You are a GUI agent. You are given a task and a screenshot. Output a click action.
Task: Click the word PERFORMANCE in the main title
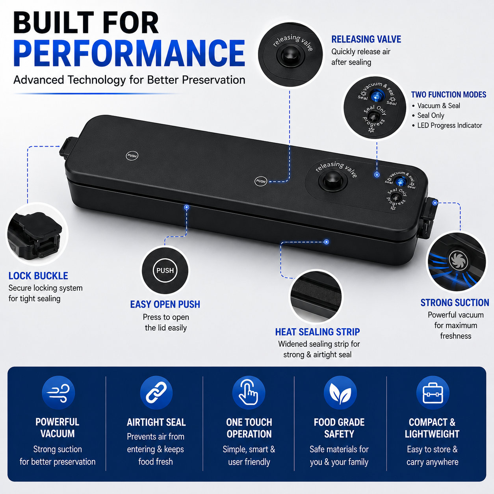[x=129, y=53]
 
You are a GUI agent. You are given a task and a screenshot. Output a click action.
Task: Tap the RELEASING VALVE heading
[x=366, y=39]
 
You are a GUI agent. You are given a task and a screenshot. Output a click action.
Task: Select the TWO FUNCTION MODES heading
[x=449, y=95]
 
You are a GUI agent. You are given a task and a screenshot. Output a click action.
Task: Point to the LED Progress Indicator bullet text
[x=449, y=125]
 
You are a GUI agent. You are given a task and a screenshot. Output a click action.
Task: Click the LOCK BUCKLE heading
[x=38, y=276]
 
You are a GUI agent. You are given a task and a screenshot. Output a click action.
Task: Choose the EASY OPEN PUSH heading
[x=165, y=304]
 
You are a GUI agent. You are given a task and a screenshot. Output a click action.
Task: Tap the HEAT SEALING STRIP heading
[x=318, y=332]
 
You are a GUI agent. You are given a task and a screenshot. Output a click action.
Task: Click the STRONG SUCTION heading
[x=455, y=303]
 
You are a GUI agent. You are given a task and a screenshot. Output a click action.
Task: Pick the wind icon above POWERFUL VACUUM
[x=58, y=392]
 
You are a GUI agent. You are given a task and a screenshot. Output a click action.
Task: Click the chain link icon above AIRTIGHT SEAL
[x=156, y=392]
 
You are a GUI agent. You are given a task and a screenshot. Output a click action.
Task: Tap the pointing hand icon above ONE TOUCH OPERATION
[x=249, y=392]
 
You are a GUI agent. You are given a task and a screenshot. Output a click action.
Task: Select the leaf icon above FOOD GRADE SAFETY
[x=340, y=392]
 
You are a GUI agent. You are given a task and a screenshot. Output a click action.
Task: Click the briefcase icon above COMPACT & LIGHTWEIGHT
[x=433, y=392]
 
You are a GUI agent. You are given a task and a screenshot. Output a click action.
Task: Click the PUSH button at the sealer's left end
[x=132, y=156]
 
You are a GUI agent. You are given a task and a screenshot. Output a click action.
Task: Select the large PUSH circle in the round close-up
[x=165, y=271]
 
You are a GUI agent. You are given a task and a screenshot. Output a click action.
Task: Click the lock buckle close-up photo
[x=37, y=234]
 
